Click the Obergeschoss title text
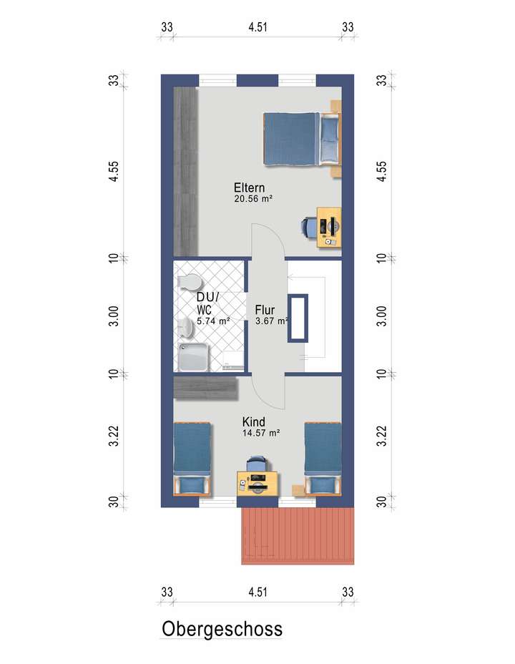point(222,629)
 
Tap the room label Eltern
point(250,188)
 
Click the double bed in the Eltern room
point(300,139)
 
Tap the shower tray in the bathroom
point(195,356)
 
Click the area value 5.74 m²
point(213,322)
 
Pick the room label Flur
point(265,311)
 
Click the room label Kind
point(254,421)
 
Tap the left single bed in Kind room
point(192,458)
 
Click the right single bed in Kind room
point(322,458)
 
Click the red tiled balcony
point(298,537)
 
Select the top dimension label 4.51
point(257,27)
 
